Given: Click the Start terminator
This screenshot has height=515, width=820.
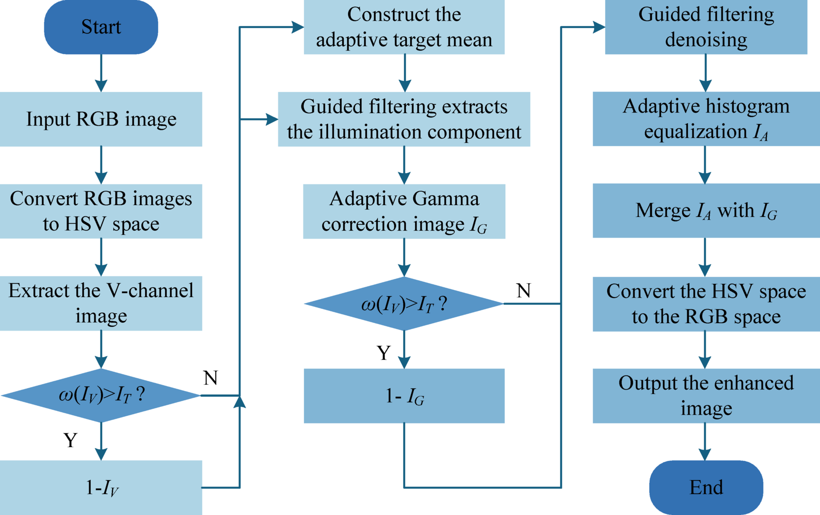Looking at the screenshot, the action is tap(101, 27).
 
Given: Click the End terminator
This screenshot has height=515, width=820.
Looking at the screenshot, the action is tap(706, 487).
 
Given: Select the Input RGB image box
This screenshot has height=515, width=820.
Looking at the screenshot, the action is tap(101, 119).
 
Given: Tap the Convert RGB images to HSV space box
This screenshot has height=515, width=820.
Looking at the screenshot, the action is tap(101, 212).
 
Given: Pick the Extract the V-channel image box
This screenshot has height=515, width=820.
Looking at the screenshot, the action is tap(101, 303).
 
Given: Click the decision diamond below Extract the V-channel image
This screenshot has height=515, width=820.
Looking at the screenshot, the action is tap(101, 395).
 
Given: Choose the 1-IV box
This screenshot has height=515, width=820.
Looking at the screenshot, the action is tap(101, 487).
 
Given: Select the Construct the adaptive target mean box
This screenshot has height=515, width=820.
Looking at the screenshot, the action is tap(404, 27).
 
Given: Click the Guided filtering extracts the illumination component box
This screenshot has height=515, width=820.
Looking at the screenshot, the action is tap(404, 119).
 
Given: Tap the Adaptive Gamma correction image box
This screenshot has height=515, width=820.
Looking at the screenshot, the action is tap(404, 212).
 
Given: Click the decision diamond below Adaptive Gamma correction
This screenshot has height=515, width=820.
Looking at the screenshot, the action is tap(404, 303).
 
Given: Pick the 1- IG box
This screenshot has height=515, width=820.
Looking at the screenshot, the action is tap(404, 396).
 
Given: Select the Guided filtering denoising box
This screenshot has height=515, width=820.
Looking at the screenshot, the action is tap(706, 27).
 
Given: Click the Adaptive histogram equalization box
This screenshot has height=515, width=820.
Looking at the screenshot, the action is tap(706, 119).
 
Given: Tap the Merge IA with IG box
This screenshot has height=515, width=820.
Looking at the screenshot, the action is tap(706, 211).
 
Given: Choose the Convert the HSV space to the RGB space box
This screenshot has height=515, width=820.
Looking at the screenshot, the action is tap(706, 304).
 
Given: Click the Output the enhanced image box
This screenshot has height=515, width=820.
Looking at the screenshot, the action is tap(706, 396).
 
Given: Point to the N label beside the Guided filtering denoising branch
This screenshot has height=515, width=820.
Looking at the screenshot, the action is tap(524, 291).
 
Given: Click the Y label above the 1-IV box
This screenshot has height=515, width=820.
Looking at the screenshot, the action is tap(70, 440).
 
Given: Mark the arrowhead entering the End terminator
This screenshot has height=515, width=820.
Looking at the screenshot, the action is tap(705, 454).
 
